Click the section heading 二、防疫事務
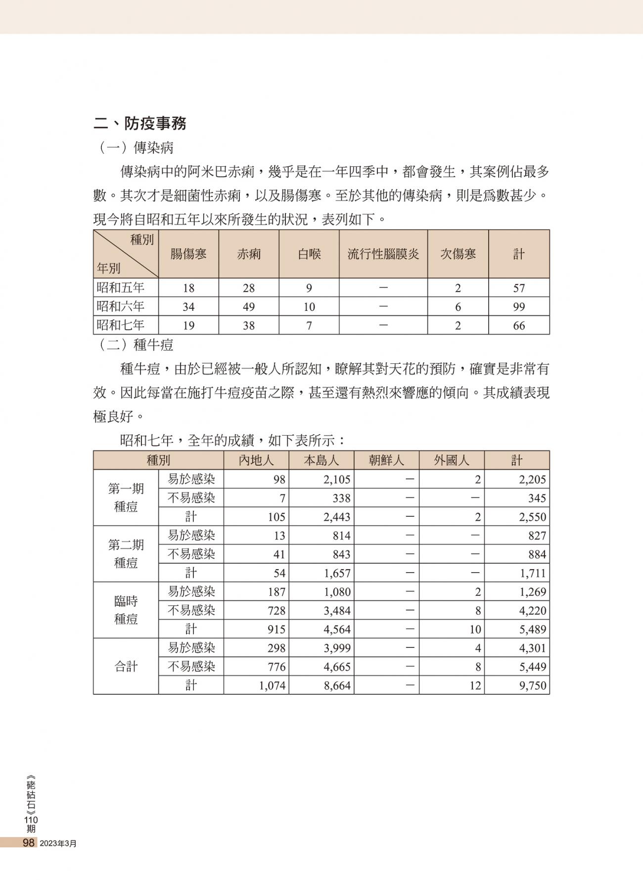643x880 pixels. (140, 123)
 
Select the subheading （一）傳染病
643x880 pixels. (134, 147)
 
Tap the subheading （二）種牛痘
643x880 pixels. (134, 344)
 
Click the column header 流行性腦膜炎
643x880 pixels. (383, 254)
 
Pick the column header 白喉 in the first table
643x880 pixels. (309, 254)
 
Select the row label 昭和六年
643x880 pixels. (121, 306)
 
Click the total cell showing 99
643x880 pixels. (518, 307)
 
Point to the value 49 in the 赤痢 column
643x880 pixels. (248, 307)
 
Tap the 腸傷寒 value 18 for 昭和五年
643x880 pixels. (188, 288)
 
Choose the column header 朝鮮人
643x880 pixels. (386, 460)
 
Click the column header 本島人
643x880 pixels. (321, 460)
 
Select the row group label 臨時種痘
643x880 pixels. (126, 610)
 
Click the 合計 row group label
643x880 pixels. (126, 666)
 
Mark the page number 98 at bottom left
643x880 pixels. (29, 842)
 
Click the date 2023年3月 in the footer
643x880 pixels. (58, 843)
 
